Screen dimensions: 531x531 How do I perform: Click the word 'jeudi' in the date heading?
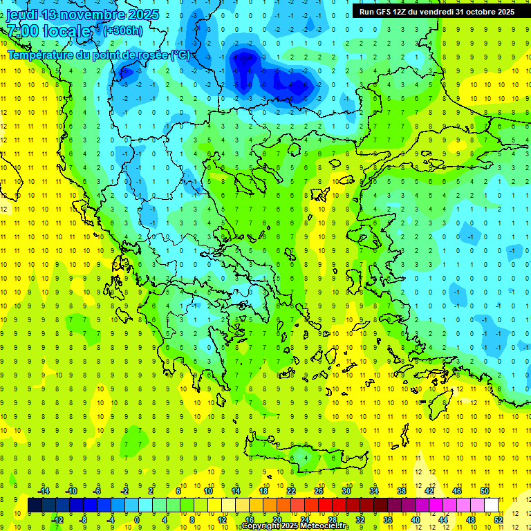pos(22,15)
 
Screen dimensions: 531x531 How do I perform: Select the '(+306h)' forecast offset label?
pos(123,30)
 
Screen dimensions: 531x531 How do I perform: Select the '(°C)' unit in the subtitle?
pos(180,54)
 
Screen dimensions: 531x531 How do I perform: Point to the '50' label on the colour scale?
pos(485,490)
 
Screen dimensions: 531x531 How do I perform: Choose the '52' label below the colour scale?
pos(499,520)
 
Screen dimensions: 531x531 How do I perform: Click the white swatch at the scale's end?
pos(492,505)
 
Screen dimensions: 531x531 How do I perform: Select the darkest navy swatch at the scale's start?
pos(35,505)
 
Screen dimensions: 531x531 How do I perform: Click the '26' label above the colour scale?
pos(319,490)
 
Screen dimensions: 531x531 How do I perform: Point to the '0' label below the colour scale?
pos(138,520)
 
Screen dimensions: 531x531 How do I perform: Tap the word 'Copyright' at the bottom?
pos(260,526)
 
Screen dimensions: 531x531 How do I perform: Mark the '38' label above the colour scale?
pos(402,490)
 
